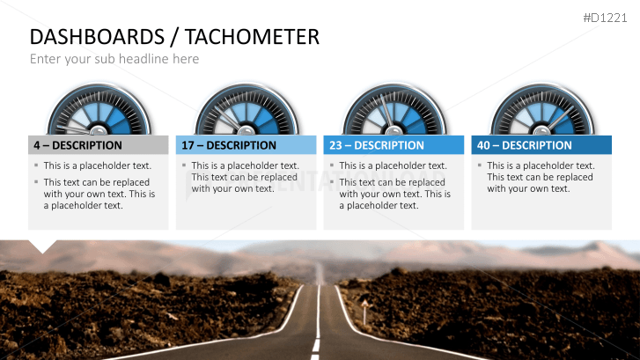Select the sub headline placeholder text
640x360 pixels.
114,59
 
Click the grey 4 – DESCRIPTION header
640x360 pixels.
98,145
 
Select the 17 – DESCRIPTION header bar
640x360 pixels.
246,145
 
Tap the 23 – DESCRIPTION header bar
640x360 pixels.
394,145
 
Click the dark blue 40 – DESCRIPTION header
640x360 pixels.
541,145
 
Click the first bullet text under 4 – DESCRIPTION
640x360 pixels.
98,165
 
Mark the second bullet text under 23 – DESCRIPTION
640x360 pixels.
394,194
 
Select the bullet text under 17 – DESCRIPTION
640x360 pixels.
245,176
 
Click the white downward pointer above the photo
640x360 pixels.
42,246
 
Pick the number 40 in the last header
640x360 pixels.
482,145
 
